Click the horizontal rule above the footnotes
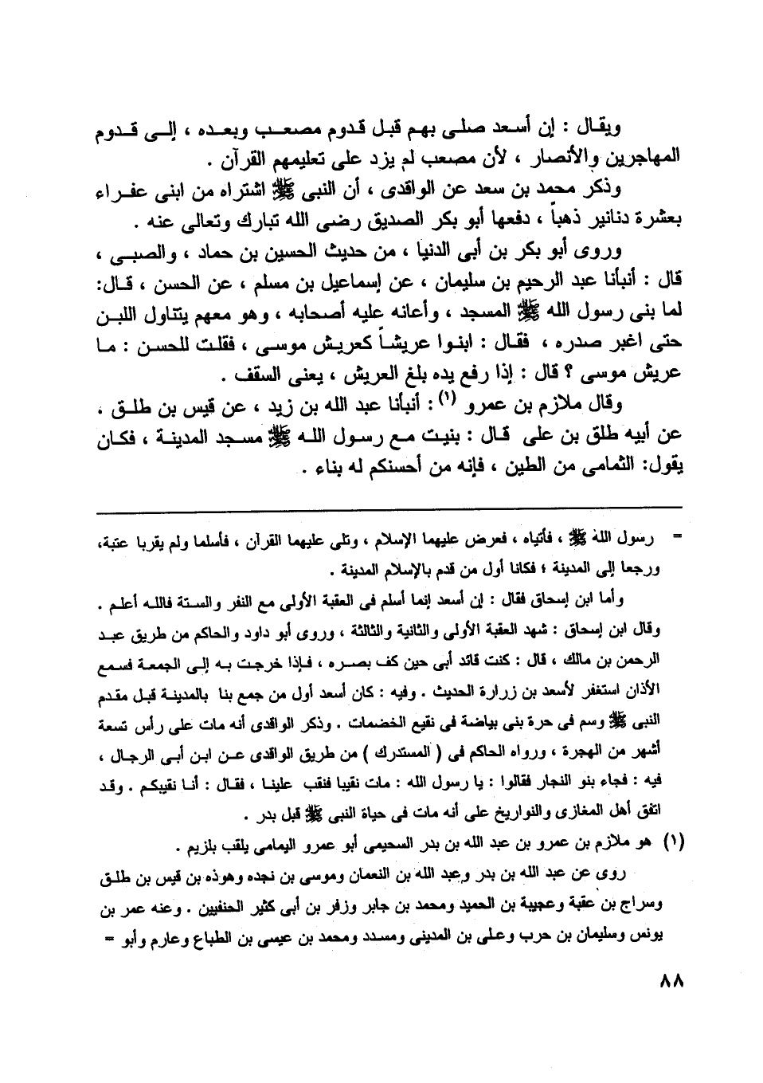tap(389, 507)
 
